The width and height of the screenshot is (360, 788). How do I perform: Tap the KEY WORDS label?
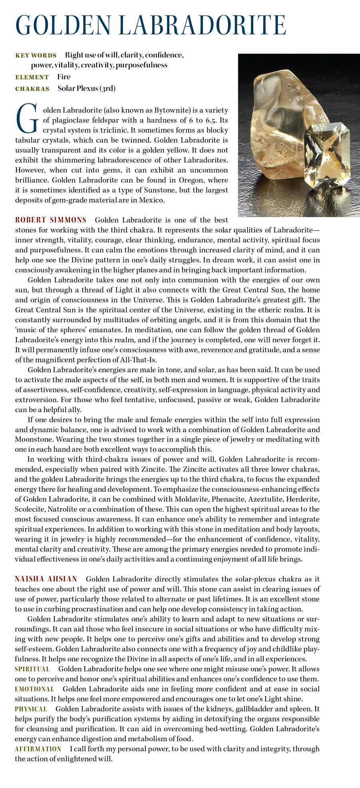tap(36, 56)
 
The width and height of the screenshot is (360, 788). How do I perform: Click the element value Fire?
tap(64, 77)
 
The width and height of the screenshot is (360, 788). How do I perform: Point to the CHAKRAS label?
tap(32, 89)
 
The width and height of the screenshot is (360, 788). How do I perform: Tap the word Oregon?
tap(189, 180)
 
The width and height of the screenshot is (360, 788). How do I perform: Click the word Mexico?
tap(151, 200)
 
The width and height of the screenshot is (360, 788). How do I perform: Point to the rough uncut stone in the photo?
tap(280, 116)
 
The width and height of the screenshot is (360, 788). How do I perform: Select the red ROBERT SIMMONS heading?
tap(51, 220)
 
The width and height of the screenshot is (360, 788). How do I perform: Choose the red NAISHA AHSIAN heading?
tap(46, 579)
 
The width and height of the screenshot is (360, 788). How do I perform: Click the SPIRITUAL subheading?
tap(32, 669)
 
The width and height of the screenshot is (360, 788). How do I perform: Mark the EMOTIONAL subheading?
tap(34, 689)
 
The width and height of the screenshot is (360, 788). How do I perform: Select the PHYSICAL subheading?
tap(31, 709)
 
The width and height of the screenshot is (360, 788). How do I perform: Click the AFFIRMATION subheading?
tap(38, 749)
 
